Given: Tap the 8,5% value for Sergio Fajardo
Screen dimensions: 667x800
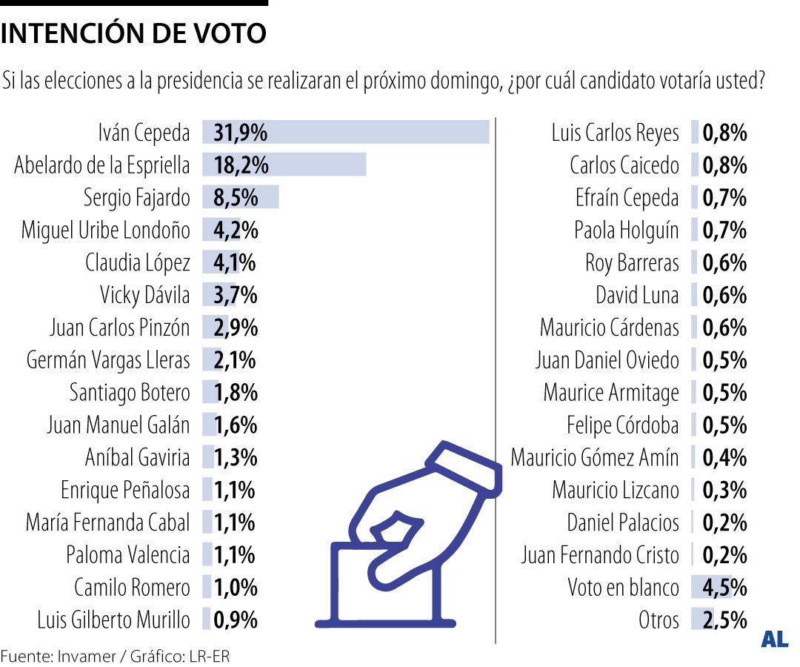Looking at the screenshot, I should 236,198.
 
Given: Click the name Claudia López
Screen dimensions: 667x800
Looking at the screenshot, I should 138,263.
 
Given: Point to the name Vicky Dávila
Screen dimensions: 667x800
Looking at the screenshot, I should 145,295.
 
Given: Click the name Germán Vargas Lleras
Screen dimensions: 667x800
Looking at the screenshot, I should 108,360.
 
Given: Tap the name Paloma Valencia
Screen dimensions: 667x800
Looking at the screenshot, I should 127,554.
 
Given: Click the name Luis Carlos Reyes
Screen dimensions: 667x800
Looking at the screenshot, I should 615,133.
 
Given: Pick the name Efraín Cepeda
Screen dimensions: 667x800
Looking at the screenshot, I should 627,198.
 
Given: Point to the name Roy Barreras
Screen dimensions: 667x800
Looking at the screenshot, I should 632,263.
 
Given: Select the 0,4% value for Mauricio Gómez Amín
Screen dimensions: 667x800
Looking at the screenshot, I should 724,457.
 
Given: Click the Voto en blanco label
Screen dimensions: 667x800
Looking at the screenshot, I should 623,587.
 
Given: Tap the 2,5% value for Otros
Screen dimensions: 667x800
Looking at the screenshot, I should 724,620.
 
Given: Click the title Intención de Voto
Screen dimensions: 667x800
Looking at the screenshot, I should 134,33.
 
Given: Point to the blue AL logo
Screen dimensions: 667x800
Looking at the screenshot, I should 774,640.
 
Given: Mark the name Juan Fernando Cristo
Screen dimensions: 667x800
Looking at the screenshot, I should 599,554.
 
